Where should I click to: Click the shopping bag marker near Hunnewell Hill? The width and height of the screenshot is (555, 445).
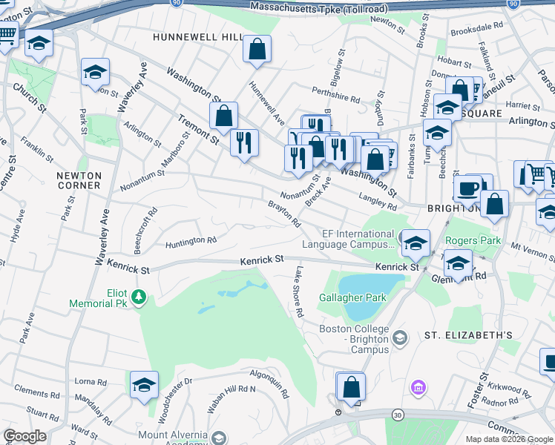pyautogui.click(x=257, y=50)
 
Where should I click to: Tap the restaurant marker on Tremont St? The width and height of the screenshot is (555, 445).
pyautogui.click(x=244, y=142)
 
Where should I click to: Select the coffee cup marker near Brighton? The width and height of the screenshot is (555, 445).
pyautogui.click(x=467, y=188)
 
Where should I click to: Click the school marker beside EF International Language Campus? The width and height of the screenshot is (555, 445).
pyautogui.click(x=416, y=243)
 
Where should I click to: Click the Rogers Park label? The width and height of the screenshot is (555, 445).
pyautogui.click(x=473, y=241)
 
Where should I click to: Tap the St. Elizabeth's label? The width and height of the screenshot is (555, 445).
pyautogui.click(x=468, y=335)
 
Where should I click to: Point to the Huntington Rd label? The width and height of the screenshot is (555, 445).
pyautogui.click(x=191, y=240)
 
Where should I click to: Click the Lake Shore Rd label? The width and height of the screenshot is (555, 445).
pyautogui.click(x=299, y=292)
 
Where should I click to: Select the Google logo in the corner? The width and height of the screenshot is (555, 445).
pyautogui.click(x=25, y=435)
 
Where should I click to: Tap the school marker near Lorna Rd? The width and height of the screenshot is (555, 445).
pyautogui.click(x=144, y=384)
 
